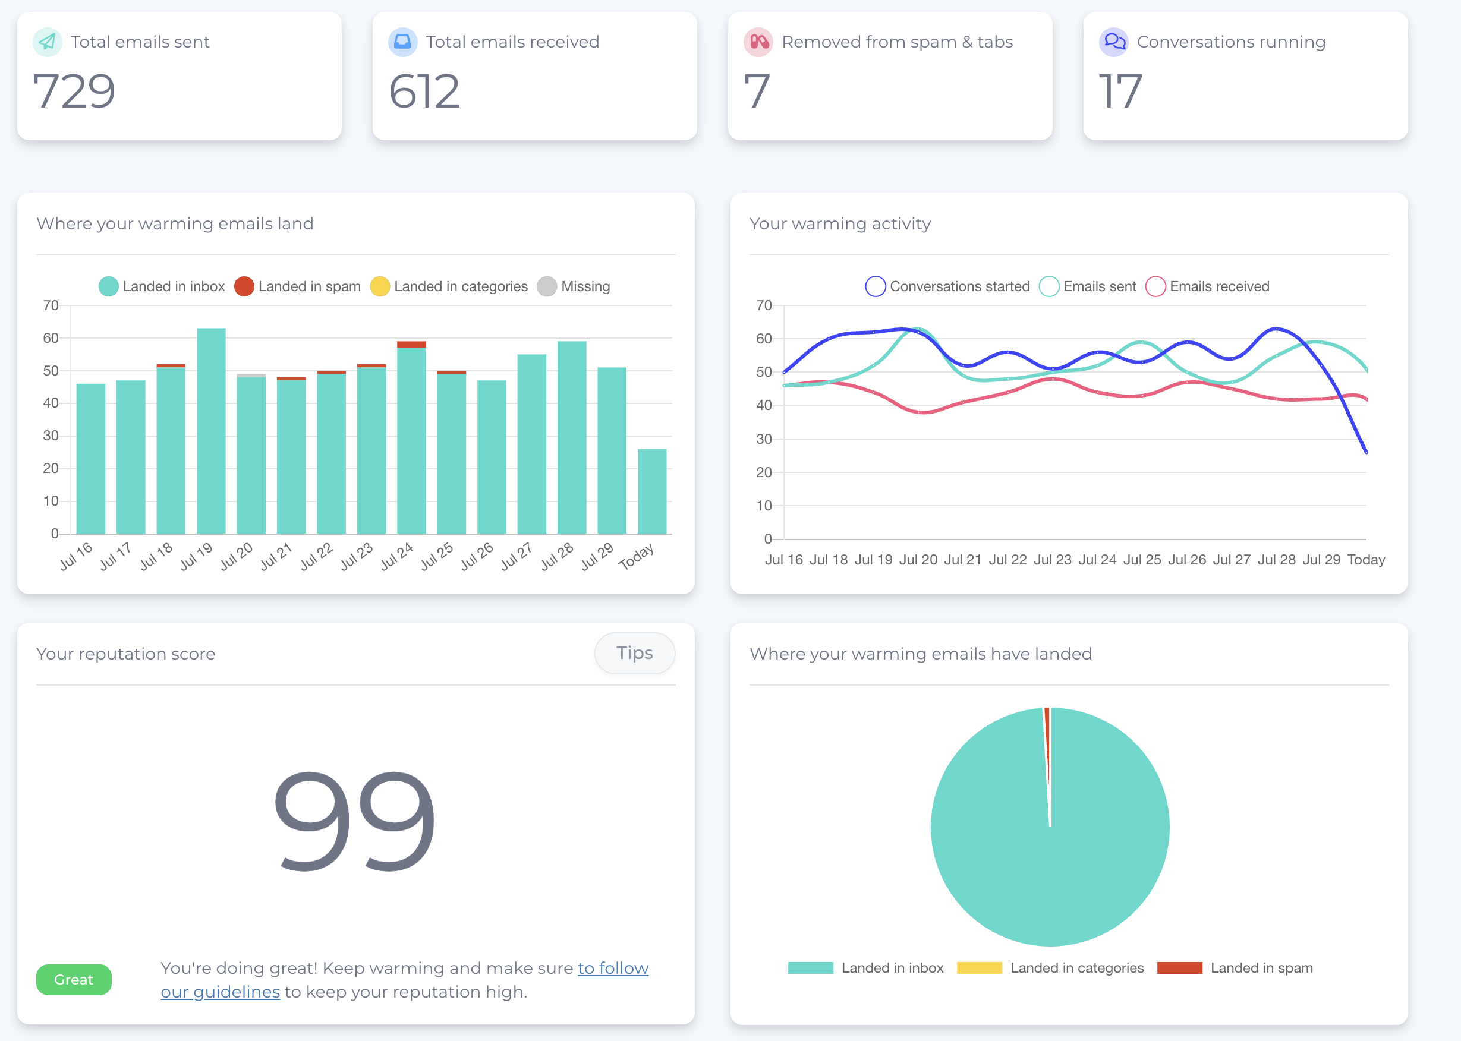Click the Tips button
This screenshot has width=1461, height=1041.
point(634,653)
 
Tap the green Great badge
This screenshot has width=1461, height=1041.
point(74,979)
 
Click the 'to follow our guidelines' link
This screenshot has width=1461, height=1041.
point(612,968)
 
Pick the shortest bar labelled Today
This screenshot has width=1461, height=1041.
point(652,491)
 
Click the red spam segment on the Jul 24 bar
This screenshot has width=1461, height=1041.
point(411,344)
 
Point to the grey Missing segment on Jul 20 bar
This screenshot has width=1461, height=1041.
point(251,376)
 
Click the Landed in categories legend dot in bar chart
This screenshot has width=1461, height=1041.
point(380,286)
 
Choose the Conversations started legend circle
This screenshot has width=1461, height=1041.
point(876,286)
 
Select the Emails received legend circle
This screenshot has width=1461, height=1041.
point(1155,286)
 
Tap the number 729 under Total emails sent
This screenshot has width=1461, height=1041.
point(74,91)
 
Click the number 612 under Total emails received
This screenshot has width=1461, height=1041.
point(424,91)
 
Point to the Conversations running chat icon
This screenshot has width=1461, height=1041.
point(1114,42)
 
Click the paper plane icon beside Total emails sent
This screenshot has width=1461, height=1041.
point(48,42)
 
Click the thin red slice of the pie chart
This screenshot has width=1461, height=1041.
point(1047,743)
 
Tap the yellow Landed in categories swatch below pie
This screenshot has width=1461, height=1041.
point(979,968)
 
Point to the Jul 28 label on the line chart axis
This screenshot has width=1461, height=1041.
point(1276,560)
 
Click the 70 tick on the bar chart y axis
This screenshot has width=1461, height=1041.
point(51,305)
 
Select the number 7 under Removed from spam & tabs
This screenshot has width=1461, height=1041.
point(757,91)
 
